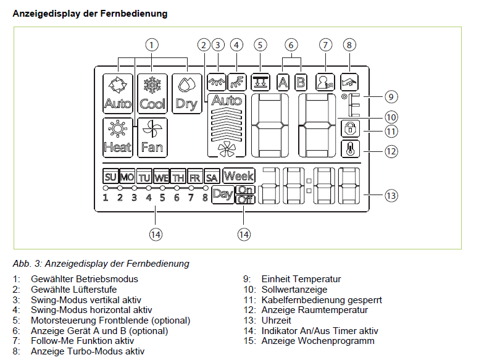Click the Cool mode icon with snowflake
[152, 93]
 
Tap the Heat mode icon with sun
[118, 138]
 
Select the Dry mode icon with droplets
[186, 93]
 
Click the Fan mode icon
[152, 138]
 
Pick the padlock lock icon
[350, 128]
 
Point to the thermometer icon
[350, 149]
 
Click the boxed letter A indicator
[283, 82]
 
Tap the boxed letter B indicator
[301, 82]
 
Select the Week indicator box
[239, 176]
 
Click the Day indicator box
[223, 195]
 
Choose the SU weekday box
[110, 177]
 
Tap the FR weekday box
[195, 177]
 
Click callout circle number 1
[151, 45]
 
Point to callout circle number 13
[391, 195]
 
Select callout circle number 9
[391, 97]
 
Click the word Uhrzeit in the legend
[276, 320]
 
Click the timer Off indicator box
[245, 200]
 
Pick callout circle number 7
[325, 45]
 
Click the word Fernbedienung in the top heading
[134, 14]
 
